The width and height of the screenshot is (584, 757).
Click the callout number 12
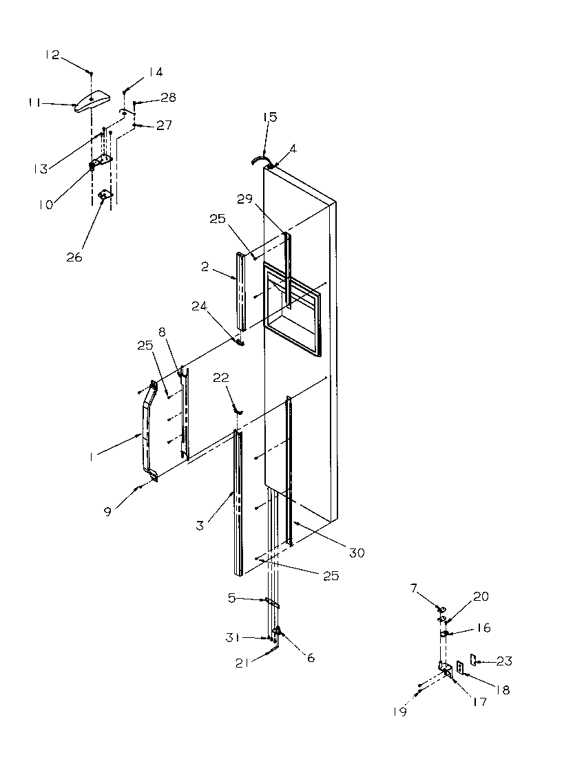pos(53,55)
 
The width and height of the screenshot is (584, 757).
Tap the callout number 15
pos(269,117)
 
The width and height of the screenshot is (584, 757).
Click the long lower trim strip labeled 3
pos(238,502)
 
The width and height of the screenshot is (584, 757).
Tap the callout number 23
pos(505,661)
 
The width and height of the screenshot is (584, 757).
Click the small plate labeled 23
pos(474,661)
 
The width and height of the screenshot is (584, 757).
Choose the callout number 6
pos(311,658)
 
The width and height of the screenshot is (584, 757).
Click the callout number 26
pos(74,257)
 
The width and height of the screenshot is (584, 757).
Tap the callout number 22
pos(220,378)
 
